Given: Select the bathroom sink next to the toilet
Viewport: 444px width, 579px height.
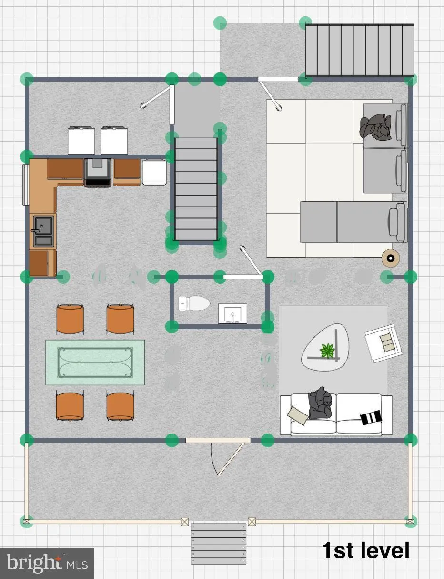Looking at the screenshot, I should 232,313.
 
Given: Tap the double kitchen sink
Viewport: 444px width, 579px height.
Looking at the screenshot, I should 43,230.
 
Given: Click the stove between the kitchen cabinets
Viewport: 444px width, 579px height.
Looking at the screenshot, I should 98,172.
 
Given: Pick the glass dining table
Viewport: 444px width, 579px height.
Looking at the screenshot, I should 95,362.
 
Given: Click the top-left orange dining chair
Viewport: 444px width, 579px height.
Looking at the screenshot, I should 70,319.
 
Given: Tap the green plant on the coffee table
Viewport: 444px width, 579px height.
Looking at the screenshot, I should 327,351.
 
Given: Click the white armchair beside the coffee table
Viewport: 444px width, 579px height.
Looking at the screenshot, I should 382,342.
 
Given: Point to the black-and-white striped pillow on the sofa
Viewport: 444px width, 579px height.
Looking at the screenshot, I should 371,417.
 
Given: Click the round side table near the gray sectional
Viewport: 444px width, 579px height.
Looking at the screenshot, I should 391,258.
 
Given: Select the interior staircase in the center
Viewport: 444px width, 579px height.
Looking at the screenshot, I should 196,188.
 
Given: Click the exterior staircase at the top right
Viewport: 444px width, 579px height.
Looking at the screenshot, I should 359,50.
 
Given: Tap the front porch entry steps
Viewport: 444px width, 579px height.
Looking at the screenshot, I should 218,544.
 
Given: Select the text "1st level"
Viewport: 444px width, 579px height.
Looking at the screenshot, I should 365,550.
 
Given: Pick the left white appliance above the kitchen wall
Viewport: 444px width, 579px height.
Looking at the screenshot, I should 81,140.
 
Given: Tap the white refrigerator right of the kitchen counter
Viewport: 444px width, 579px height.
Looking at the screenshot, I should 154,172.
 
